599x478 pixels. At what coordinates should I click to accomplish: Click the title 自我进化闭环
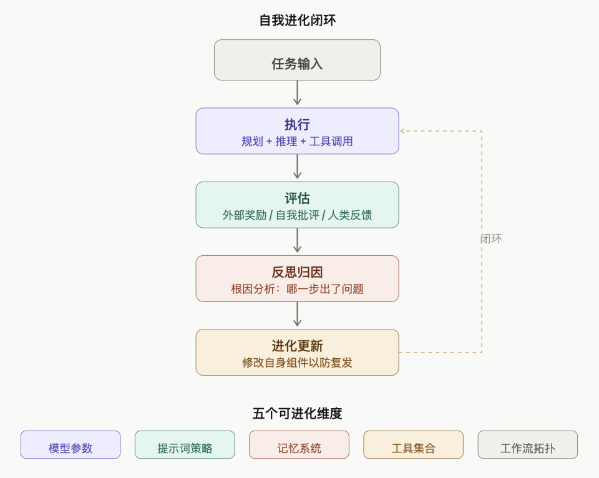[x=297, y=20]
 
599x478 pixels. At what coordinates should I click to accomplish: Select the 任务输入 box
[x=297, y=61]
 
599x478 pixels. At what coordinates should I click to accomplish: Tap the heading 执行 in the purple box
[x=297, y=124]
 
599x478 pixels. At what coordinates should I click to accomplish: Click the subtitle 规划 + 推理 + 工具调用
[x=297, y=142]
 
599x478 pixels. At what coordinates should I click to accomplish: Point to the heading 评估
[x=297, y=198]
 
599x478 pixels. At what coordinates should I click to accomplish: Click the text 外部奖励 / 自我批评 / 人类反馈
[x=297, y=215]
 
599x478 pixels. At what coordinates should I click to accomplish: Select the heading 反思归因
[x=297, y=271]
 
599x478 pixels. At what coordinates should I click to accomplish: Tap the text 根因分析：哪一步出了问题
[x=297, y=289]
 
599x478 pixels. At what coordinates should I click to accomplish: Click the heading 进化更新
[x=297, y=345]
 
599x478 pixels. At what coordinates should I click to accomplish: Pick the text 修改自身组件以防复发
[x=297, y=363]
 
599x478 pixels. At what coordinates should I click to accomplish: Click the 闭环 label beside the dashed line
[x=491, y=238]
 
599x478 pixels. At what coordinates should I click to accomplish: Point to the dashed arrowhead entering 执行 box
[x=403, y=131]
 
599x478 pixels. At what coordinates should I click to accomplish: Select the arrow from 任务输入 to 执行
[x=297, y=94]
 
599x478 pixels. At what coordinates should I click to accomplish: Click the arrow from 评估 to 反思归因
[x=297, y=241]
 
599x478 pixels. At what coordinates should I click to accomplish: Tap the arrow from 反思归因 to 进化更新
[x=297, y=315]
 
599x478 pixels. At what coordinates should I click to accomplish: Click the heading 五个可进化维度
[x=297, y=413]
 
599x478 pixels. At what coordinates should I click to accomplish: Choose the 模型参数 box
[x=71, y=446]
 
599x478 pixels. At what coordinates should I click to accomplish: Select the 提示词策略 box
[x=185, y=446]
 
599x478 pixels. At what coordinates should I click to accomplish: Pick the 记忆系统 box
[x=299, y=446]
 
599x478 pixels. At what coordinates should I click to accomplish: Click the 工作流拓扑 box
[x=527, y=446]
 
